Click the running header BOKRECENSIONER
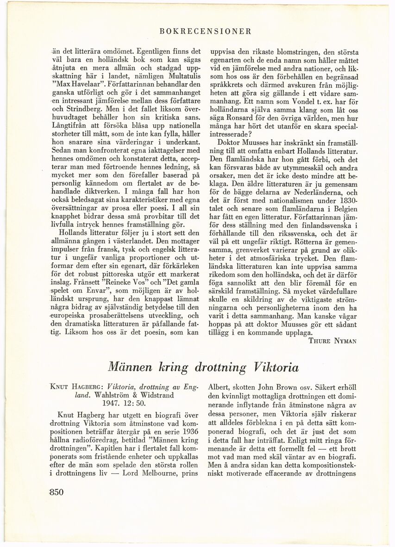[x=205, y=31]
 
